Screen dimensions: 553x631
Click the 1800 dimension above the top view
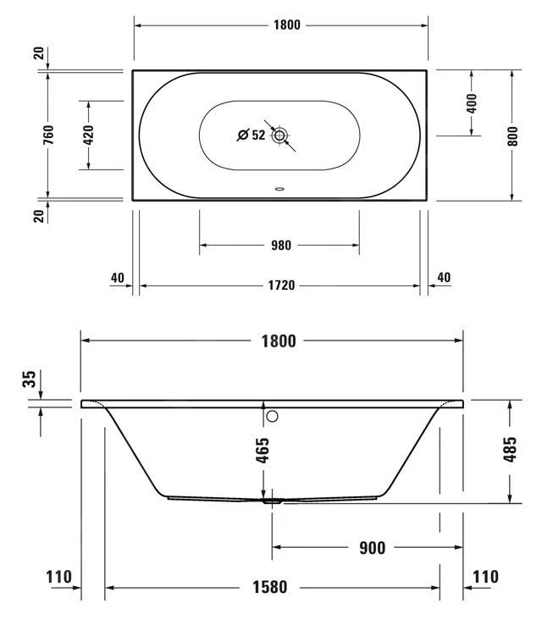[286, 25]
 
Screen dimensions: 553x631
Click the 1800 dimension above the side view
[279, 341]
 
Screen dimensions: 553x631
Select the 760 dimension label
[48, 135]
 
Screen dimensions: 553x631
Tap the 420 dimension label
[89, 135]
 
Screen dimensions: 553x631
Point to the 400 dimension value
[472, 103]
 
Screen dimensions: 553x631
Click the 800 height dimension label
[512, 136]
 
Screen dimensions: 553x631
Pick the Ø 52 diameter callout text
[252, 135]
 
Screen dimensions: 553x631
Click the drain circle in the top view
[279, 136]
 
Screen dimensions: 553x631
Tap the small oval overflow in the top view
[279, 188]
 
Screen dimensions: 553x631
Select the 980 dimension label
[280, 245]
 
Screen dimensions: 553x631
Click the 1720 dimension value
[281, 285]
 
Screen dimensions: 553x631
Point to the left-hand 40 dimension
[118, 278]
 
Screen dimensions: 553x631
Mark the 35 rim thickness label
[29, 379]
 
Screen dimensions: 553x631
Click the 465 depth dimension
[263, 451]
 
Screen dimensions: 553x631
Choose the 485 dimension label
[510, 449]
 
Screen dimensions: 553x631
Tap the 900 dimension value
[373, 548]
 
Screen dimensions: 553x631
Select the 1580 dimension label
[269, 587]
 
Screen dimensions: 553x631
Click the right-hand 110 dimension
[485, 577]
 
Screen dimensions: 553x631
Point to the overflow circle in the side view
[272, 416]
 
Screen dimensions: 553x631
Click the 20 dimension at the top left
[39, 53]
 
